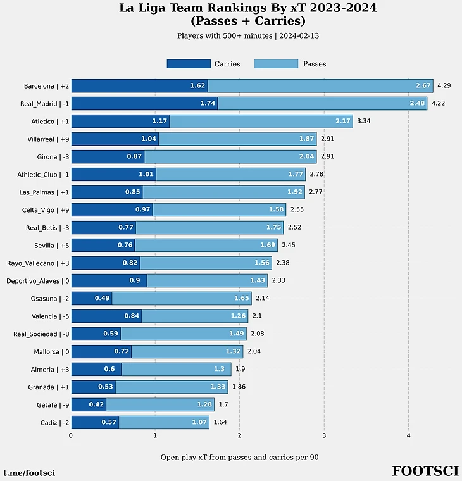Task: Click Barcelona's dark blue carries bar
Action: coord(139,85)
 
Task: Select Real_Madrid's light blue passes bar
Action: coord(322,103)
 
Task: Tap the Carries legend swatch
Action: coord(188,64)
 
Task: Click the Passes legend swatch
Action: coord(276,64)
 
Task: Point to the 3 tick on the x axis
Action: coord(324,435)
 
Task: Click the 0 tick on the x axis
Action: coord(70,435)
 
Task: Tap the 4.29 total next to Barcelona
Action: coord(444,85)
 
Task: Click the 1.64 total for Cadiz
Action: coord(220,422)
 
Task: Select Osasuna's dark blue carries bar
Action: coord(91,298)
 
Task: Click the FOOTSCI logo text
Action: coord(425,472)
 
